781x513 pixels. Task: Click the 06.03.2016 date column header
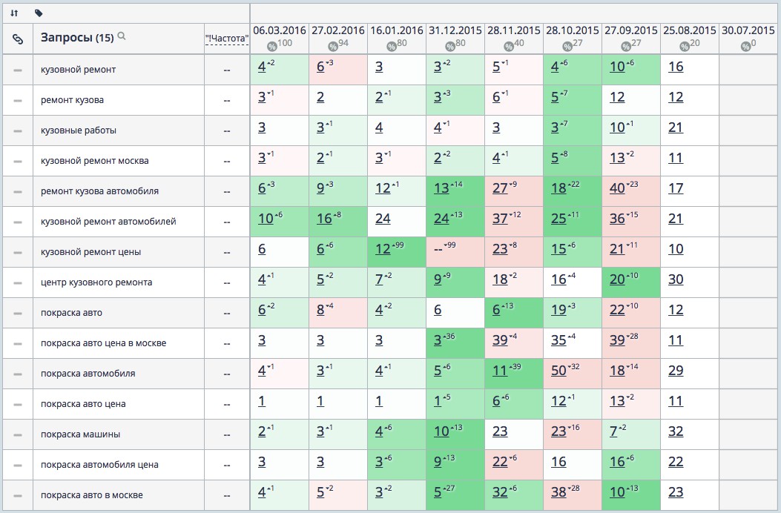tap(280, 31)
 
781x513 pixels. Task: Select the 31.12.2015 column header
tap(455, 31)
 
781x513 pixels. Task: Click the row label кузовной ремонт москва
tap(95, 161)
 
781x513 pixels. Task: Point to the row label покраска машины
tap(81, 434)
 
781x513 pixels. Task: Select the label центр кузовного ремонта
tap(96, 282)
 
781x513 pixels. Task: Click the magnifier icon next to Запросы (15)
tap(122, 36)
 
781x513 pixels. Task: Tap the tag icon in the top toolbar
tap(39, 13)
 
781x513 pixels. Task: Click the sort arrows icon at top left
tap(14, 13)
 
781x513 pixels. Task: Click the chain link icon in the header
tap(18, 39)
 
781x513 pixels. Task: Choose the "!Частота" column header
tap(226, 39)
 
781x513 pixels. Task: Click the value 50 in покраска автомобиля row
tap(558, 374)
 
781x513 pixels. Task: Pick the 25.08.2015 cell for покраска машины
tap(675, 434)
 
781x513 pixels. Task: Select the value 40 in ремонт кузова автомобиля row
tap(617, 191)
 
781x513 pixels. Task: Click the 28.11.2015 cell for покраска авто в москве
tap(499, 495)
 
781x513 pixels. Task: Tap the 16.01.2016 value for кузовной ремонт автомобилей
tap(383, 222)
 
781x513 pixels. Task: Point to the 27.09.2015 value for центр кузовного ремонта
tap(617, 282)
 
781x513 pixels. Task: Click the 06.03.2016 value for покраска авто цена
tap(261, 404)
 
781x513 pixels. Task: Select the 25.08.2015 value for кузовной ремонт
tap(675, 70)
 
